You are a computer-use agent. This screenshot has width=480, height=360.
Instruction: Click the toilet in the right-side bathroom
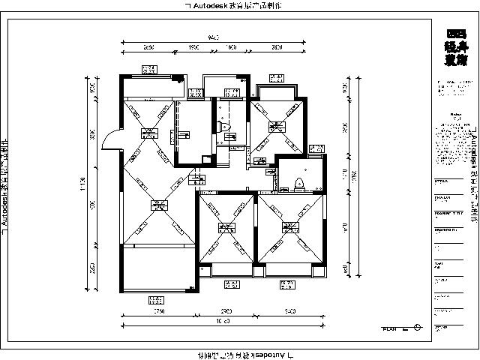300,182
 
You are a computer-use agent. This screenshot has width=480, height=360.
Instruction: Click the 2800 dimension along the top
277,47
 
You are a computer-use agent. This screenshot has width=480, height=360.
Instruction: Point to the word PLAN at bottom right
389,328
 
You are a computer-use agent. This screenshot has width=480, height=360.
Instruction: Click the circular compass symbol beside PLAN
418,328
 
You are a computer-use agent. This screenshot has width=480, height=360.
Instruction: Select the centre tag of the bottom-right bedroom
289,226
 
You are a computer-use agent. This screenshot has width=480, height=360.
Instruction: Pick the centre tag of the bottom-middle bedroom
224,227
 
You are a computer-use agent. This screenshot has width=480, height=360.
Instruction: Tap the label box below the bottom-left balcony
157,301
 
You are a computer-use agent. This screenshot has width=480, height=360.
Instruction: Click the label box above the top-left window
148,70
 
